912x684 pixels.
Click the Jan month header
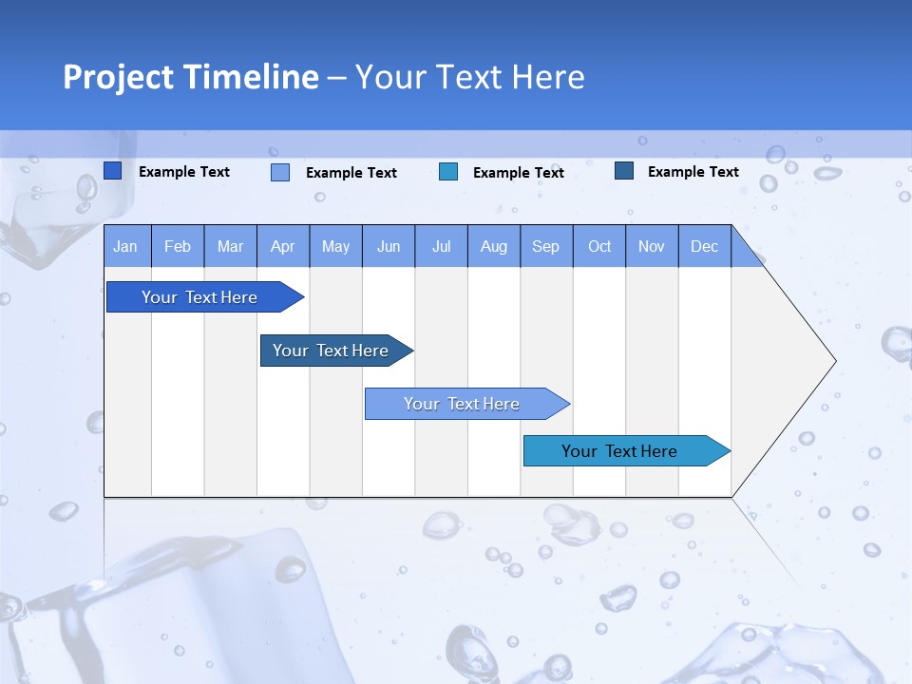pos(125,246)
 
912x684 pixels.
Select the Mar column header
pos(230,246)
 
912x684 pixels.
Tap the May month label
pos(335,246)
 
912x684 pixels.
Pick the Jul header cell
pos(441,246)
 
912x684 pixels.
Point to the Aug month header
pos(493,246)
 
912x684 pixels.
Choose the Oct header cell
pos(599,246)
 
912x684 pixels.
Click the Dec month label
pos(704,246)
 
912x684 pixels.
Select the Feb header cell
pos(178,246)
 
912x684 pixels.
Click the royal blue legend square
pos(113,171)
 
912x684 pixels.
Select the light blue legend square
pos(280,172)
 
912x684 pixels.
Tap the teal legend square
pos(448,172)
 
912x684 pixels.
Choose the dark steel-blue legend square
pos(624,171)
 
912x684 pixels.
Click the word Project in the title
pos(119,77)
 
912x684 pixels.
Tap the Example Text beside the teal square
pos(518,173)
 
